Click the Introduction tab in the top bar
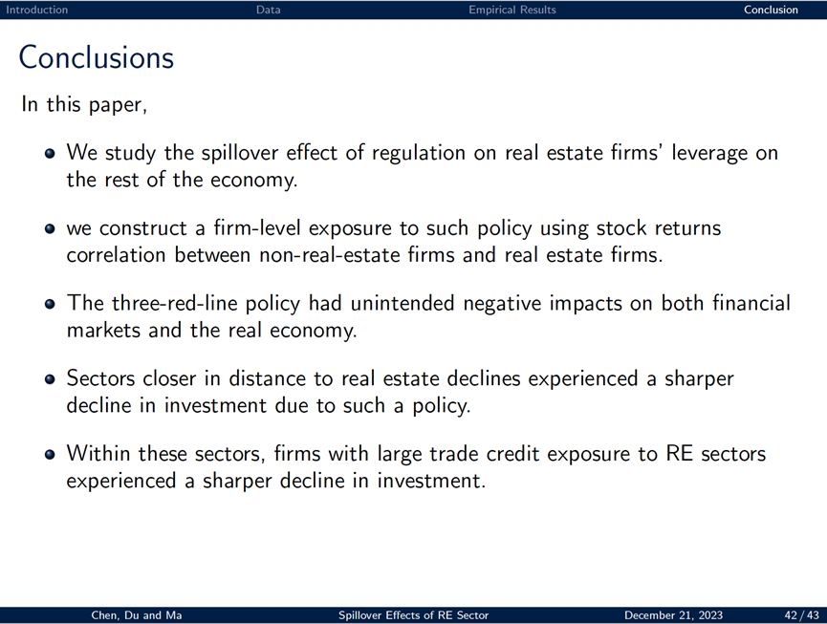coord(37,10)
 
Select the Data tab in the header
coord(268,10)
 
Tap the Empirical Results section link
coord(512,10)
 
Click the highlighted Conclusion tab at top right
coord(771,10)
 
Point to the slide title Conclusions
coord(97,57)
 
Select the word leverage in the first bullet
coord(709,153)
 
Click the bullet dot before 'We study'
coord(50,153)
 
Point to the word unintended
coord(402,304)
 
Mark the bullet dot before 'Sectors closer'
coord(50,379)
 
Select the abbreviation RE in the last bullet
coord(680,454)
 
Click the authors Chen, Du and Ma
coord(137,615)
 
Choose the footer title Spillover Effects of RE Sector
coord(413,615)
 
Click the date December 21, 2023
coord(673,615)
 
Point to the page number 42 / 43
coord(802,615)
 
